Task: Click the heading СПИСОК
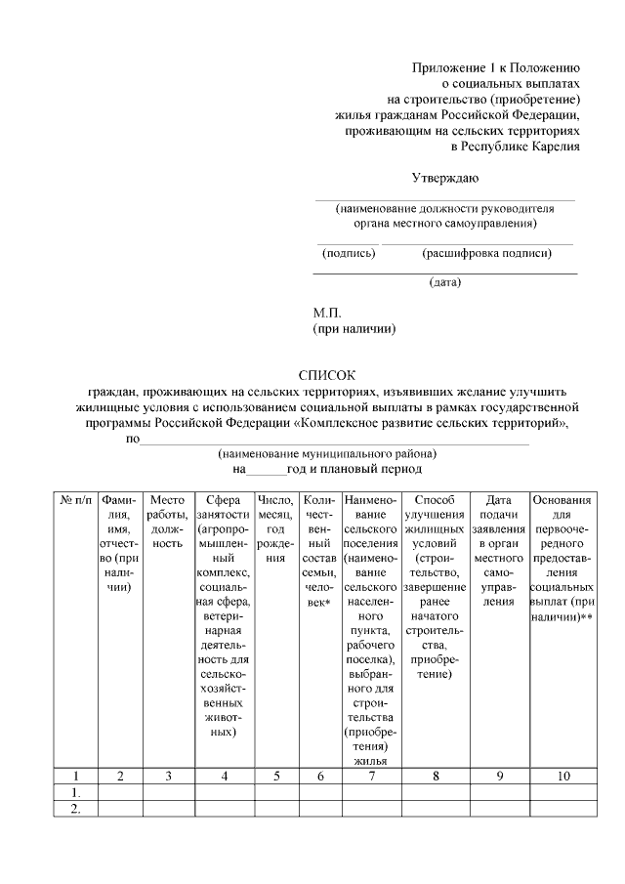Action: tap(327, 375)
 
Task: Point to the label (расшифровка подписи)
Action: tap(486, 254)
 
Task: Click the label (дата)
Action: tap(445, 282)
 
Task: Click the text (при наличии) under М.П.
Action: tap(354, 329)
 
